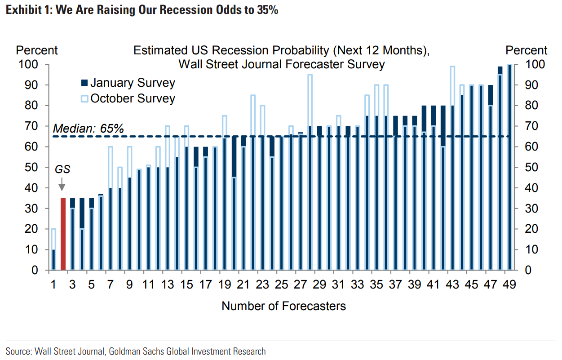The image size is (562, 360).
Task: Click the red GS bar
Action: pyautogui.click(x=63, y=234)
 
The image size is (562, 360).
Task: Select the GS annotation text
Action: pyautogui.click(x=62, y=169)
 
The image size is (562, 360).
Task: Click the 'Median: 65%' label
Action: pyautogui.click(x=88, y=129)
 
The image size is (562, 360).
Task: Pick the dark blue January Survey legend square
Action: pyautogui.click(x=84, y=83)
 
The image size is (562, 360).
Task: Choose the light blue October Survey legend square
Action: pyautogui.click(x=84, y=98)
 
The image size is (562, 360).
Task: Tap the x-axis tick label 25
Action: pyautogui.click(x=281, y=285)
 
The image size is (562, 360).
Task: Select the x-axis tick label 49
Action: pyautogui.click(x=509, y=285)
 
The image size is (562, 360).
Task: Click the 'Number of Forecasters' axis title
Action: pyautogui.click(x=284, y=306)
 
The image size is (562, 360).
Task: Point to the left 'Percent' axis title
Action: pyautogui.click(x=37, y=50)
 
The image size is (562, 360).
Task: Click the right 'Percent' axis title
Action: pyautogui.click(x=527, y=50)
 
